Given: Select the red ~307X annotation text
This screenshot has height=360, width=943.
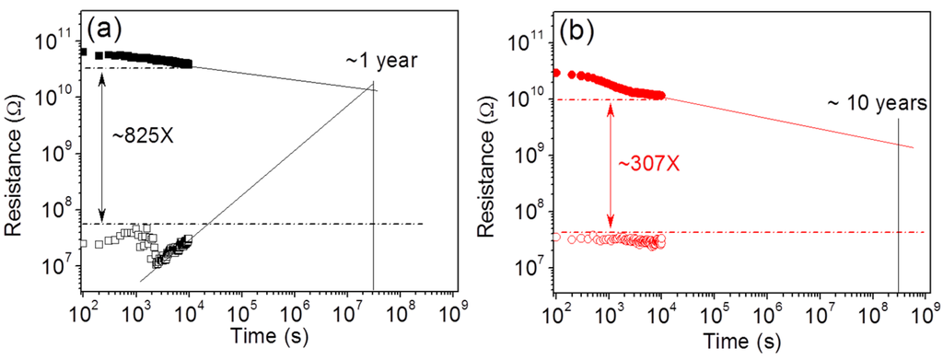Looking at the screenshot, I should point(644,164).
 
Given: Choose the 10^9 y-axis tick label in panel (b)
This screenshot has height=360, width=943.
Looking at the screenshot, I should point(530,155).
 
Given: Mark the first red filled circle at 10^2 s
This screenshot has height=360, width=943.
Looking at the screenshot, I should point(556,73).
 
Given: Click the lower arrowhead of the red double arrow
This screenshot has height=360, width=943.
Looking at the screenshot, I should point(609,224).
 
